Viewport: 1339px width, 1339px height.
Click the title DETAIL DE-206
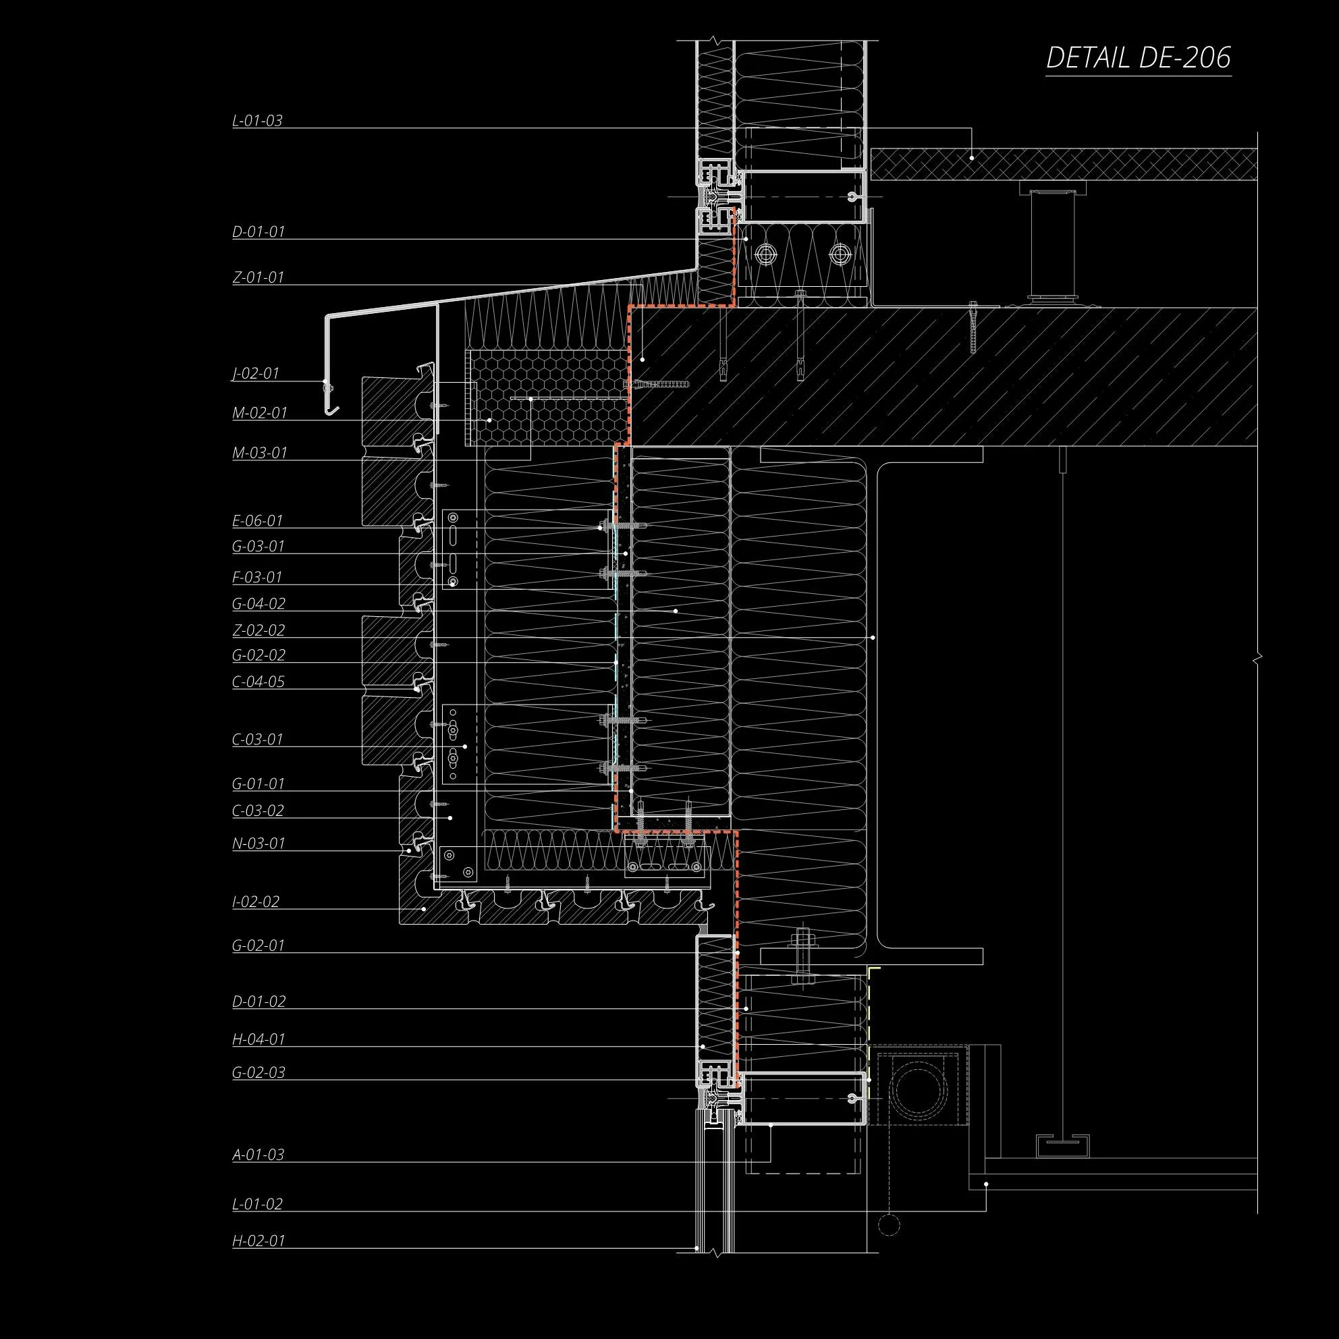[1138, 57]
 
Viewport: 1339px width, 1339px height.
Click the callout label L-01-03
[257, 121]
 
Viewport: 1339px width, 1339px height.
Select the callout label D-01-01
[258, 231]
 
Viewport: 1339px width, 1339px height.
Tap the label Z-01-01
[258, 277]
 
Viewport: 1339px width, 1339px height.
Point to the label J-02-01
[256, 374]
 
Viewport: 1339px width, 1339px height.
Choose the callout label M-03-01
[259, 454]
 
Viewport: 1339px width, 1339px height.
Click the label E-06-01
[258, 520]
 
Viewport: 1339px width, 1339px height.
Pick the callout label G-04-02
[258, 603]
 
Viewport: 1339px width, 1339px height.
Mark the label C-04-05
[258, 682]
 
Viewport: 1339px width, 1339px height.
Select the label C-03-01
[258, 740]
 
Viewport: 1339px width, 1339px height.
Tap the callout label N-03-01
[258, 844]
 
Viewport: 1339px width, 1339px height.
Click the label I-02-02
[256, 902]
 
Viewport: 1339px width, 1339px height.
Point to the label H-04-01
[258, 1039]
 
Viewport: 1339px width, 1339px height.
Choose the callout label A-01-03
[258, 1155]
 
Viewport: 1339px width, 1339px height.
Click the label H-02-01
[258, 1240]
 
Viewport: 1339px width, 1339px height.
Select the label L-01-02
[257, 1204]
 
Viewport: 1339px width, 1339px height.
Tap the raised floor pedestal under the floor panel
[1052, 242]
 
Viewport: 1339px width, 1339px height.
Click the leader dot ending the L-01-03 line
[972, 158]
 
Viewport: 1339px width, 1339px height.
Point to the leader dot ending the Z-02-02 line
[873, 638]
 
